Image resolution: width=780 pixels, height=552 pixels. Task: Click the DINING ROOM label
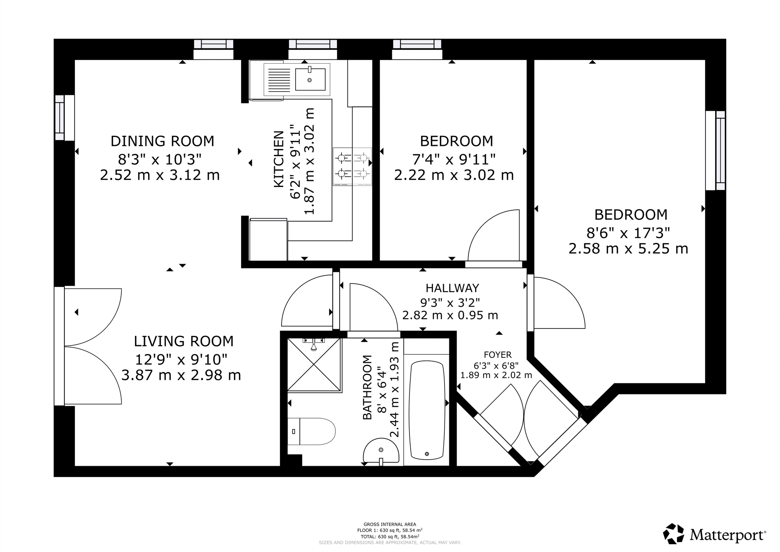(162, 141)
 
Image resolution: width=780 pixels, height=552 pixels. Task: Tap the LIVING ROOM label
(184, 341)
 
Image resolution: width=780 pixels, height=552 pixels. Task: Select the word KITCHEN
(279, 159)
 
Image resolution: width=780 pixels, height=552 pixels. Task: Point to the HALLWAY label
(452, 288)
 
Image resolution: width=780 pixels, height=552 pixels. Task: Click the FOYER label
(498, 355)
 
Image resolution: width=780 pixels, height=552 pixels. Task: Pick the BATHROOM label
(367, 387)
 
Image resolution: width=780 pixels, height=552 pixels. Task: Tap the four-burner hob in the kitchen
(352, 166)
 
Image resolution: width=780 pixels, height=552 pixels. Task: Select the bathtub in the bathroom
(427, 410)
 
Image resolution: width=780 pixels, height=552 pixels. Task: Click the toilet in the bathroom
(311, 431)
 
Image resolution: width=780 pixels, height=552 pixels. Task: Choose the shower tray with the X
(314, 365)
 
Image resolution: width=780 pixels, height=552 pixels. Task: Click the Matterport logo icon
(674, 534)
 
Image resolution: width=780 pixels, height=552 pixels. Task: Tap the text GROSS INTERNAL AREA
(390, 524)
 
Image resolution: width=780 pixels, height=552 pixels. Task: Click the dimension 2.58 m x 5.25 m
(628, 248)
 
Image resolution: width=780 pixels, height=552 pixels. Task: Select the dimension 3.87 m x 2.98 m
(181, 375)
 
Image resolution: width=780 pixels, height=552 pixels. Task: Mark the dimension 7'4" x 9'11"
(454, 159)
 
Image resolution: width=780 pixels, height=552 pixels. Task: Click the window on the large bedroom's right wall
(716, 151)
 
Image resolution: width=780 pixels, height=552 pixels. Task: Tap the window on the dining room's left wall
(64, 117)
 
